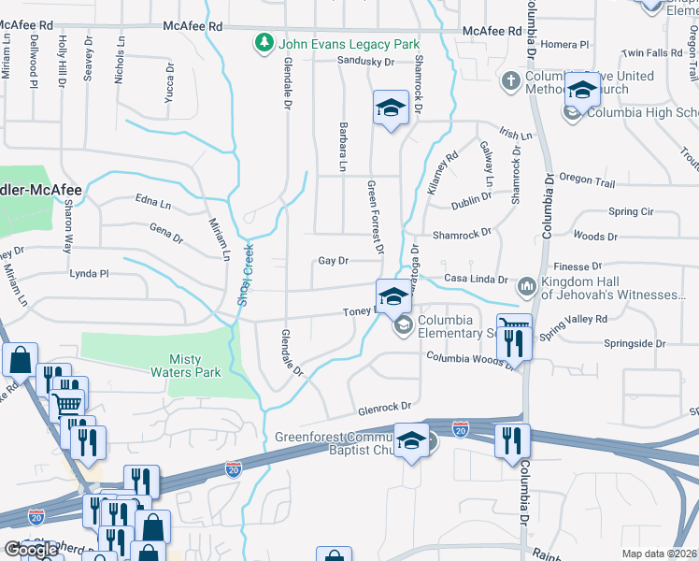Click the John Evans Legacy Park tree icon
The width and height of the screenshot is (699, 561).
click(264, 44)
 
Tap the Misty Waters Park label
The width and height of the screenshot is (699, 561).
click(194, 366)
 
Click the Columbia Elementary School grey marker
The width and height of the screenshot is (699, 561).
click(404, 325)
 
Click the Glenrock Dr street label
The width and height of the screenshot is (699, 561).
click(384, 408)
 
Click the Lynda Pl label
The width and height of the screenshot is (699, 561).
click(90, 274)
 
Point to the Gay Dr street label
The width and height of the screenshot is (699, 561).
click(333, 261)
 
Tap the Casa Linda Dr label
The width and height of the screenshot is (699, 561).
click(476, 280)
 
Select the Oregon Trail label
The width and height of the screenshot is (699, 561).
click(587, 177)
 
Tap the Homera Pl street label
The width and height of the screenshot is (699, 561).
click(570, 44)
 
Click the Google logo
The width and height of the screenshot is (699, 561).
click(31, 550)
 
